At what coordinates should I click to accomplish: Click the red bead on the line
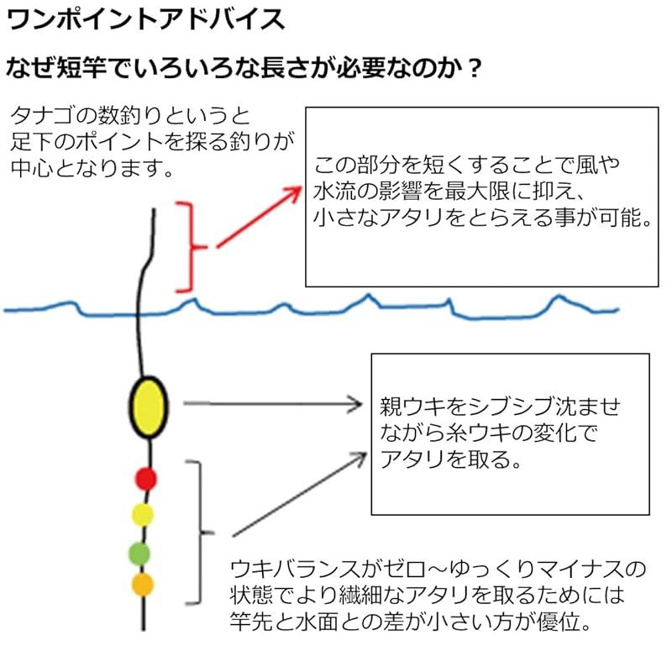pos(145,479)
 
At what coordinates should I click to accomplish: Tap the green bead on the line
pos(139,554)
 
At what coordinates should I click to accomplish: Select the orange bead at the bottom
pos(142,585)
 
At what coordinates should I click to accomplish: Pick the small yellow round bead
pos(142,515)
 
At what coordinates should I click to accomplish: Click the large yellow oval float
pos(149,407)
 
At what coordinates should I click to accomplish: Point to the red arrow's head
pos(293,193)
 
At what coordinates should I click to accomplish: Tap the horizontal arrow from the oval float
pos(273,404)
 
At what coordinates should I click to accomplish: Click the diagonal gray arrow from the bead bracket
pos(300,494)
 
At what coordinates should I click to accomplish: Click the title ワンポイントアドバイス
pos(145,19)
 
